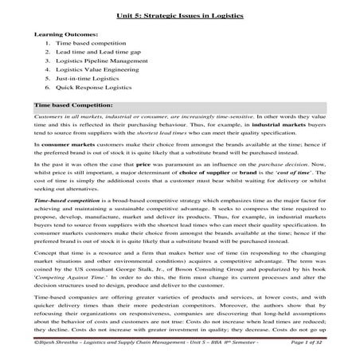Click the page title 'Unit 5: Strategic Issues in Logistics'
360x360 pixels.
(179, 15)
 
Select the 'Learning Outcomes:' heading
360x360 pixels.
(66, 37)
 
